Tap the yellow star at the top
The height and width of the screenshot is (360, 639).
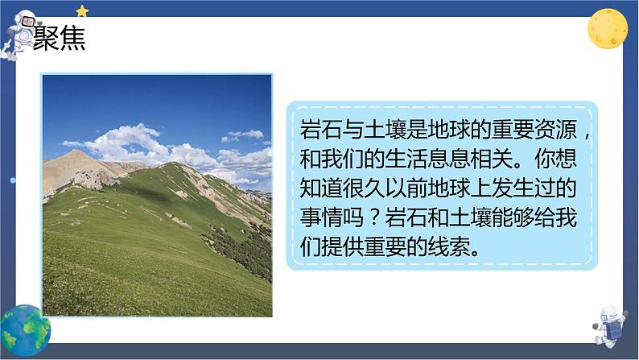(x=82, y=10)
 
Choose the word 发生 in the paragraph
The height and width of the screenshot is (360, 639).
(x=519, y=190)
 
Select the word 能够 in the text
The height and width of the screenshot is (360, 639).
(x=519, y=219)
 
